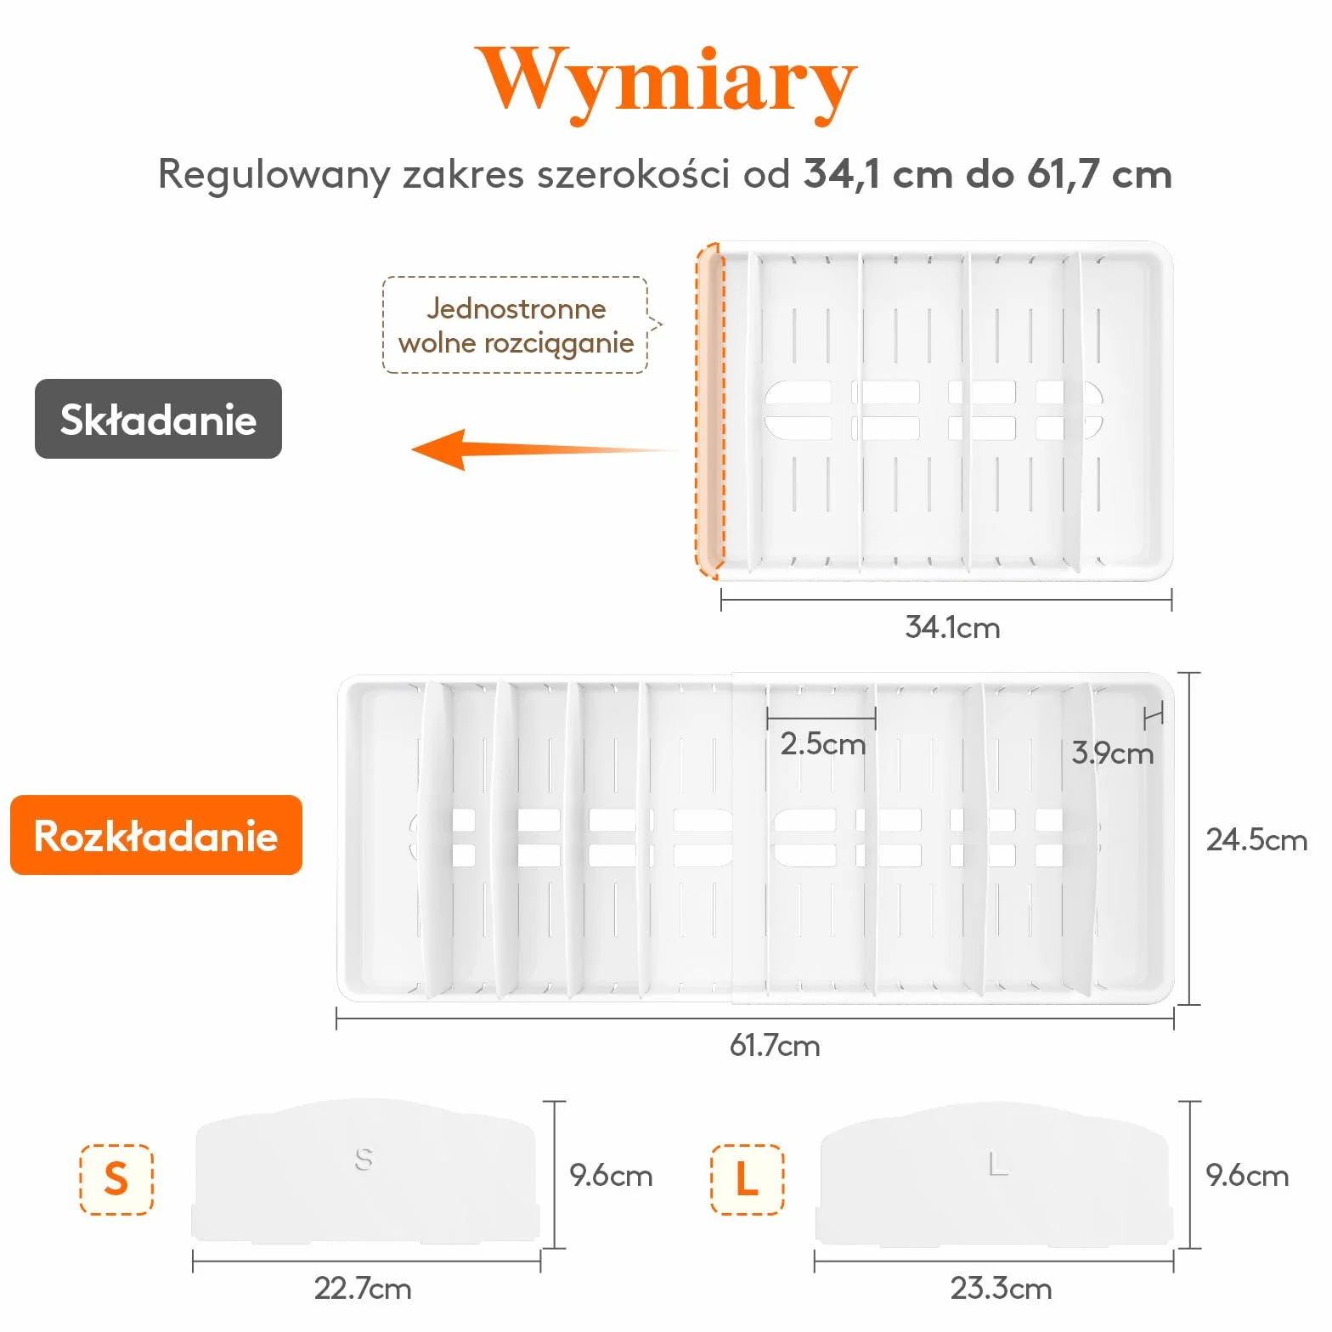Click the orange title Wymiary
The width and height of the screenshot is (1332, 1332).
pos(665,82)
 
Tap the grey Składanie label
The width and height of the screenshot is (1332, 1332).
pos(158,419)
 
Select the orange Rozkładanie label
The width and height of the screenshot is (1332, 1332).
pos(156,835)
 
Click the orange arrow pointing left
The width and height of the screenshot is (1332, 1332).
pos(544,449)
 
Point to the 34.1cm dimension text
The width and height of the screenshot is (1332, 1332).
pos(952,628)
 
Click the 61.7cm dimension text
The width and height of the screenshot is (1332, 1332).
pos(775,1045)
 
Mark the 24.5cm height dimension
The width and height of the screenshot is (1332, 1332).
pos(1256,840)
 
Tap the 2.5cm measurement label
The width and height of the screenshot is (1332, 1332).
pos(822,744)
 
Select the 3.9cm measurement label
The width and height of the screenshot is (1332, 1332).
pos(1112,753)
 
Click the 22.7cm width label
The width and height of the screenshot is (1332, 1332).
pos(363,1289)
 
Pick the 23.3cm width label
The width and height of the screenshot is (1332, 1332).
pos(1001,1289)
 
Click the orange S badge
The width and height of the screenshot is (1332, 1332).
pos(116,1179)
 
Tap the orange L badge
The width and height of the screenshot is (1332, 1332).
pos(748,1179)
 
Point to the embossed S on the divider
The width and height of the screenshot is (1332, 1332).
pos(364,1160)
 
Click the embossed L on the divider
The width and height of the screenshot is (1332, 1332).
pos(999,1164)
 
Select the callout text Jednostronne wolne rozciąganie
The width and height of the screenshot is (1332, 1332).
pos(516,325)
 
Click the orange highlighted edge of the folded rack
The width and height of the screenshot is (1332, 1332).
pos(709,411)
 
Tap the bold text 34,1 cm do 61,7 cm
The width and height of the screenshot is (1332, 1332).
pos(988,174)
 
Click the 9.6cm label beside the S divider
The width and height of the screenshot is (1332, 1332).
pos(611,1176)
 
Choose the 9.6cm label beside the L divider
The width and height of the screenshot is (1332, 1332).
pos(1247,1176)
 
